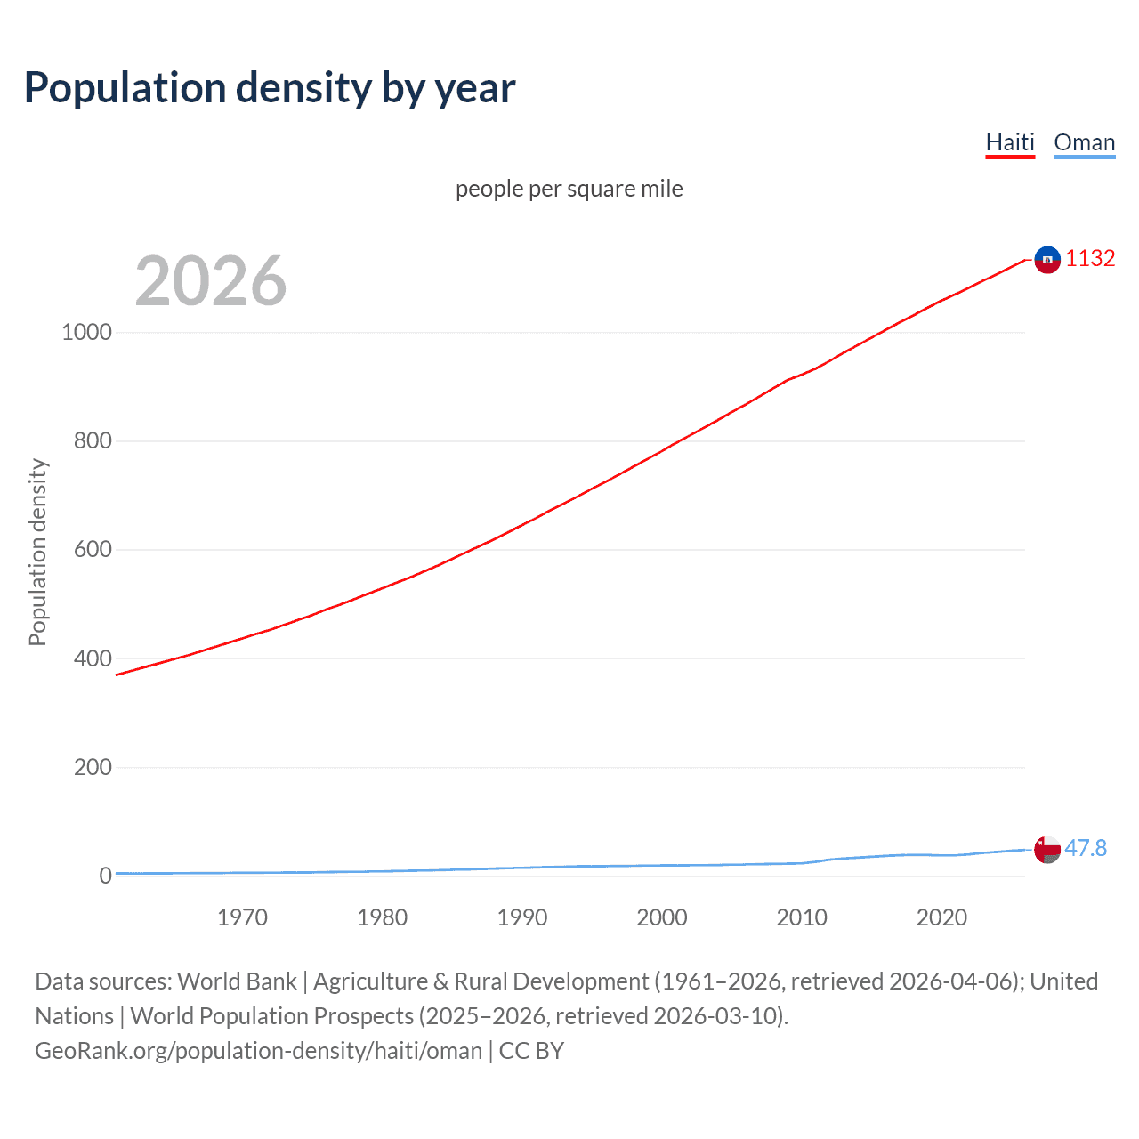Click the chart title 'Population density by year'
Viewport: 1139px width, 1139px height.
click(270, 88)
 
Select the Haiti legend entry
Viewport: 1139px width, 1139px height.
click(1010, 142)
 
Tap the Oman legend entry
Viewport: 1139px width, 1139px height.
click(1084, 142)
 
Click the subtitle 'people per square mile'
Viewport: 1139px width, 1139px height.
click(569, 189)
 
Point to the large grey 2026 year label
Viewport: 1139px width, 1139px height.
click(211, 281)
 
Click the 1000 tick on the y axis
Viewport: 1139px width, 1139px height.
click(86, 333)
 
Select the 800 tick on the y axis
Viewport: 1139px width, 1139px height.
click(93, 441)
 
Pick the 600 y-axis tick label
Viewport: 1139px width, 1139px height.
click(93, 550)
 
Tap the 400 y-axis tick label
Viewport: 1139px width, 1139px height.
click(93, 659)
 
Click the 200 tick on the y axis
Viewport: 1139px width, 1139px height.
click(93, 768)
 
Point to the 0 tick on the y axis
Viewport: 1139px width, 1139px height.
click(105, 876)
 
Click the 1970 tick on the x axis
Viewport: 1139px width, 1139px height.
click(242, 917)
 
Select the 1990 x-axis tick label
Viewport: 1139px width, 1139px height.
click(522, 917)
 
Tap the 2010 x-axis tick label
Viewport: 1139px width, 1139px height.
click(802, 917)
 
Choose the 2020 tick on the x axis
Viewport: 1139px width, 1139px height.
click(941, 917)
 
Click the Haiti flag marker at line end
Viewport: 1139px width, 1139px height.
click(1047, 260)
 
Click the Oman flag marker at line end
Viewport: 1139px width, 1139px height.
click(1047, 850)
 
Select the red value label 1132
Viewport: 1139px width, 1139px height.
click(1090, 259)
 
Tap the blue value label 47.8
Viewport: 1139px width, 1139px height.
click(1086, 849)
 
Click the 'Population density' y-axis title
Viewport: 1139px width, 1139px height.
click(37, 552)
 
